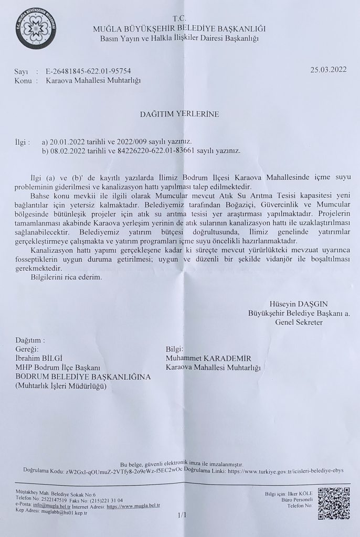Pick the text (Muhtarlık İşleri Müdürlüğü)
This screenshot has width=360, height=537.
(x=61, y=386)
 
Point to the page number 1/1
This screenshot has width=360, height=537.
(x=182, y=515)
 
